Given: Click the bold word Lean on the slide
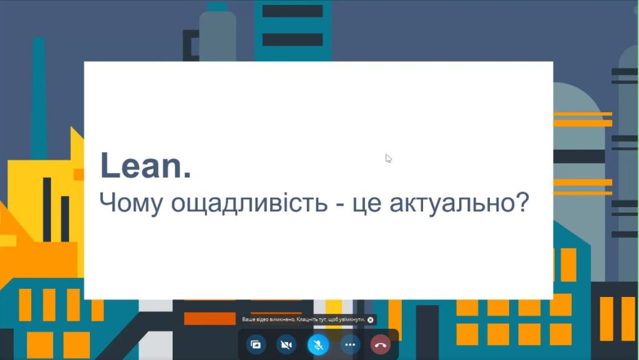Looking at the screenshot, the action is click(x=141, y=165).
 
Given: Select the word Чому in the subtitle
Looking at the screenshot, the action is click(x=131, y=203).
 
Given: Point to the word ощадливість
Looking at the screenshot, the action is click(x=249, y=203).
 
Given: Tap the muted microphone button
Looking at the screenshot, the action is click(x=318, y=345).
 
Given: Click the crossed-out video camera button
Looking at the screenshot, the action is click(x=286, y=345).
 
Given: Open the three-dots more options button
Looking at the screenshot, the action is click(x=350, y=345).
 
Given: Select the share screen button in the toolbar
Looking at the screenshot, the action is click(x=256, y=345).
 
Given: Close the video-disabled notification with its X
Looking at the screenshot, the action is click(x=371, y=320).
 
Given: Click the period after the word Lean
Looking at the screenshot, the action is click(x=187, y=175).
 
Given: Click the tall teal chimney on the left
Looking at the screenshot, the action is click(x=39, y=98).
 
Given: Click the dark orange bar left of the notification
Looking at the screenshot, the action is click(x=210, y=318).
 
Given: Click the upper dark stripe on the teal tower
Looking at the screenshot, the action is click(x=293, y=11).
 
